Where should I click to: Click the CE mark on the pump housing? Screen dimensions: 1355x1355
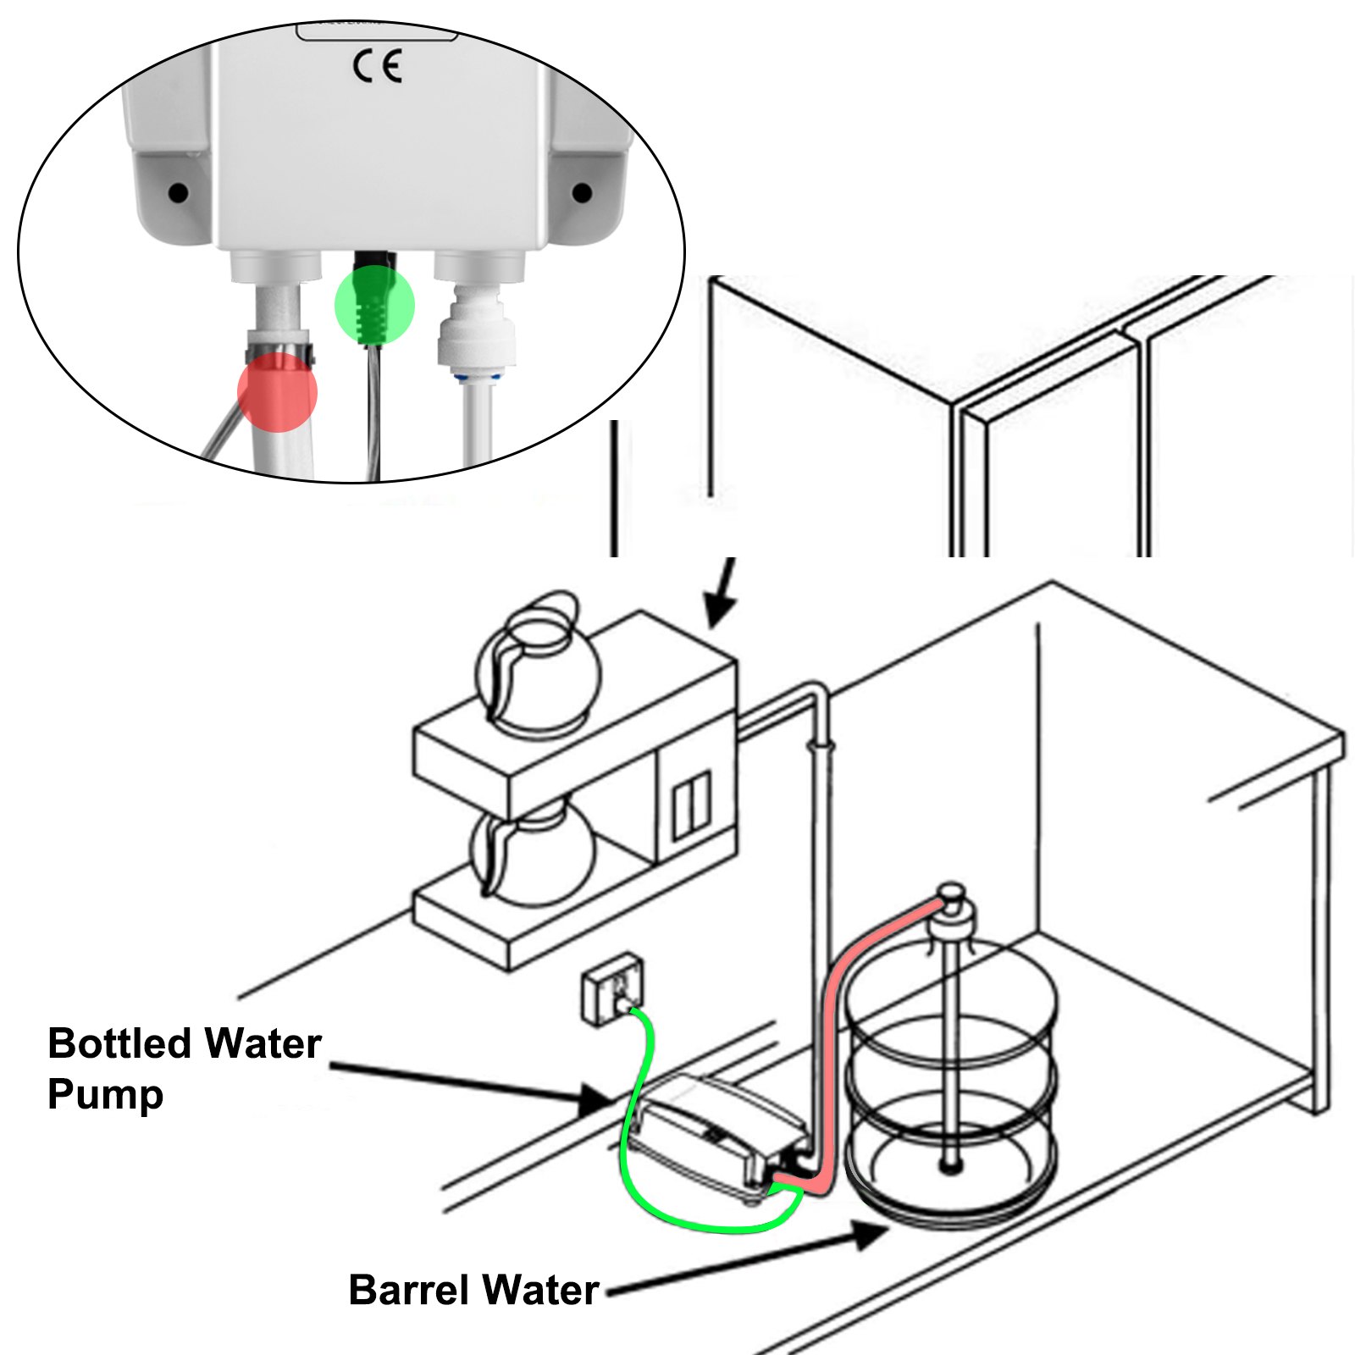point(377,66)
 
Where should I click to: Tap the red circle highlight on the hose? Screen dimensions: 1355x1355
point(277,392)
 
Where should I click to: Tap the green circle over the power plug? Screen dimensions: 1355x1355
point(374,305)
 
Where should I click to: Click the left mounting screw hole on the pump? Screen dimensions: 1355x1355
point(178,193)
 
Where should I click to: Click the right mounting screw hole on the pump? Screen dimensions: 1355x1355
point(582,193)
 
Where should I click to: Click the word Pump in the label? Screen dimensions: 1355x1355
point(105,1094)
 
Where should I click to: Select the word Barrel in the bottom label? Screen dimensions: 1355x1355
point(408,1290)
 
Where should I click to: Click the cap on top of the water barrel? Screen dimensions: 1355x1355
point(952,896)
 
